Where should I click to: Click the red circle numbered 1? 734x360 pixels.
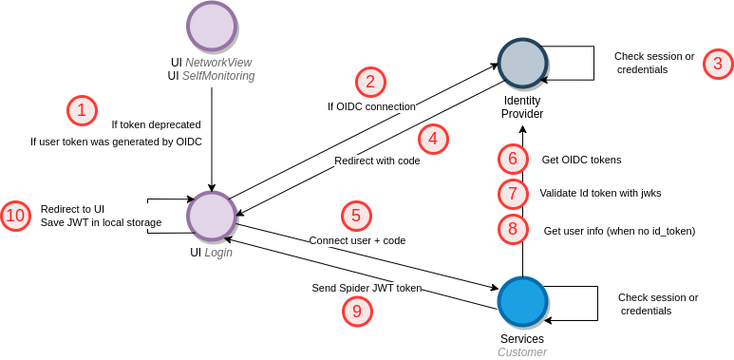click(x=82, y=110)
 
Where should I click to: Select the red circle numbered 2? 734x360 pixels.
click(x=370, y=81)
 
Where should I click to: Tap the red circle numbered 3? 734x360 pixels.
click(x=718, y=64)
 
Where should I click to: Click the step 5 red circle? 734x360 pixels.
click(x=356, y=216)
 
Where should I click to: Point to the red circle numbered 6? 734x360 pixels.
click(x=513, y=159)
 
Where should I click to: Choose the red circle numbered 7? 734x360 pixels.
click(x=513, y=193)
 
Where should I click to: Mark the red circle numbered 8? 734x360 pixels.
click(x=513, y=229)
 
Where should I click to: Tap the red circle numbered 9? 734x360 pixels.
click(x=356, y=311)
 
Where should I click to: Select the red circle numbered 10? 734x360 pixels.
click(x=15, y=216)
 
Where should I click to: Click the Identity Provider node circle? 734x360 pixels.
click(x=522, y=63)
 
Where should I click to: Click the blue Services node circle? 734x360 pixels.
click(x=522, y=301)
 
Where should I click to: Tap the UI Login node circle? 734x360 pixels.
click(x=212, y=217)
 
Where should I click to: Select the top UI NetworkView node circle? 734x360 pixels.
click(x=212, y=26)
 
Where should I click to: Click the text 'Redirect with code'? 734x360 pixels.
click(x=377, y=161)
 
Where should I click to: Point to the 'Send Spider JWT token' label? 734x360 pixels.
click(x=367, y=288)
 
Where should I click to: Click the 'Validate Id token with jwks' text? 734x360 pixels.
click(x=600, y=193)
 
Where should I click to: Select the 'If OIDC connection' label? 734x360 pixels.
click(x=371, y=106)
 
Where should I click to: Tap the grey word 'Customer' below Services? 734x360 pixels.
click(x=522, y=352)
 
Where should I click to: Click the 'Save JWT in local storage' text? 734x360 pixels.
click(x=101, y=222)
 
